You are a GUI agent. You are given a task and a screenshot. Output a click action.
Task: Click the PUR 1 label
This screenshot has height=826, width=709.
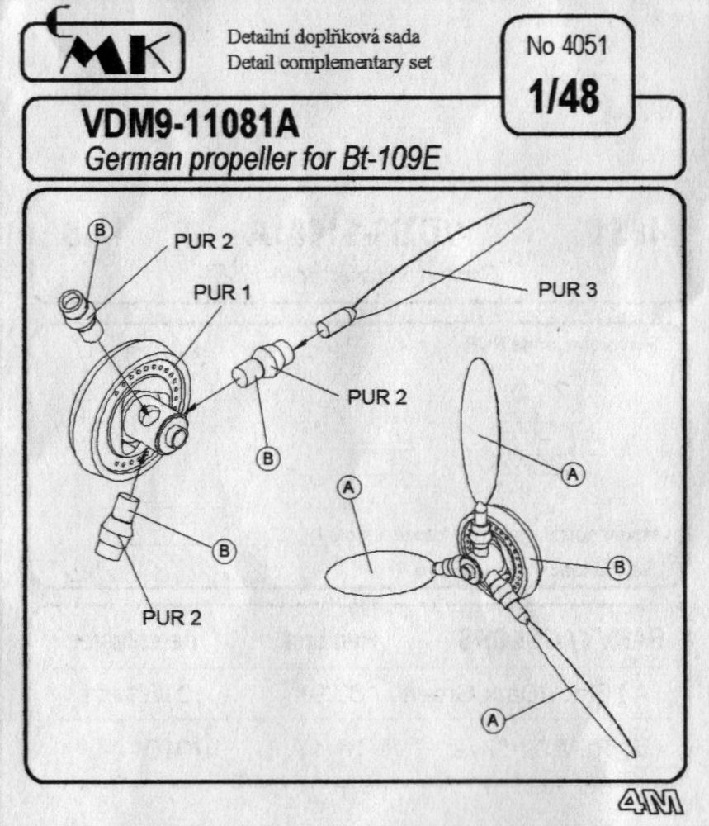(x=223, y=293)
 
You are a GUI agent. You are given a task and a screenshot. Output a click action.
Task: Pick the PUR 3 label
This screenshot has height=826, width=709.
(x=568, y=290)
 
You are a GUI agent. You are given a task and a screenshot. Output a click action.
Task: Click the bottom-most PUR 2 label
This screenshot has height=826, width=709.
(x=172, y=615)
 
